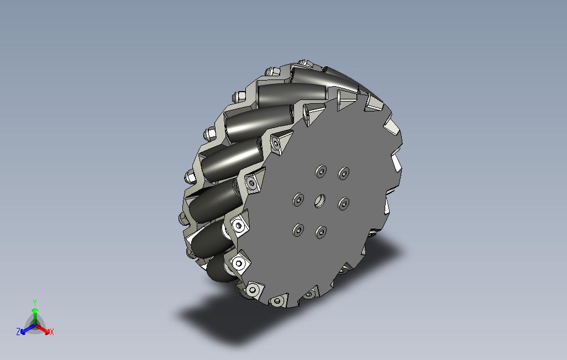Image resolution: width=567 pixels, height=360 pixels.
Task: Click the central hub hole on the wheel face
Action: pos(319,201)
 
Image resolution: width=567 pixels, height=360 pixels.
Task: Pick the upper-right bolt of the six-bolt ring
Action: pos(344,173)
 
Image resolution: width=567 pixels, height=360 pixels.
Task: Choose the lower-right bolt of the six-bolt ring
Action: pos(344,204)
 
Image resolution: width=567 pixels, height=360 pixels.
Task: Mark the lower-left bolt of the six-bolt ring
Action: pos(298,230)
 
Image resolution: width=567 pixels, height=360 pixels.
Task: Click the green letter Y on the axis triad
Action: pos(35,303)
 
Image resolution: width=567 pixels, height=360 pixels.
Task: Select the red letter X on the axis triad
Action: pos(52,332)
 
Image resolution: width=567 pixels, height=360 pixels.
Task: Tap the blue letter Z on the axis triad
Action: pos(18,331)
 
